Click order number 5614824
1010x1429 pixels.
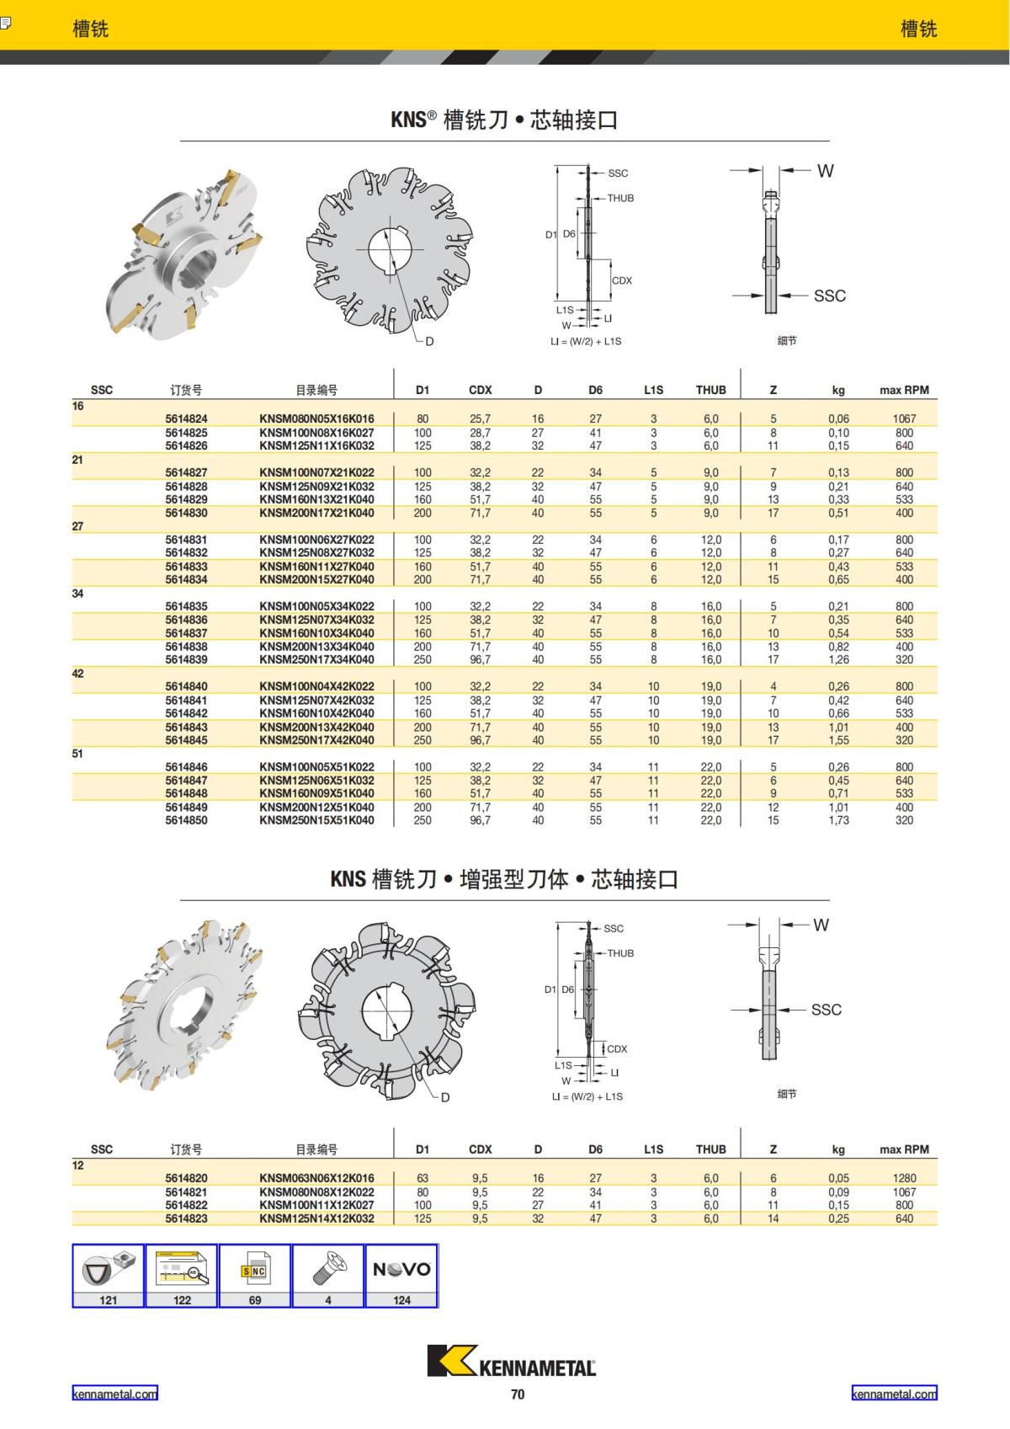pyautogui.click(x=186, y=419)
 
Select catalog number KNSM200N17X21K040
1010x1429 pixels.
pyautogui.click(x=316, y=513)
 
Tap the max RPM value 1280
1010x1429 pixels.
pyautogui.click(x=904, y=1178)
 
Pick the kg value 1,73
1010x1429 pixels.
pyautogui.click(x=838, y=820)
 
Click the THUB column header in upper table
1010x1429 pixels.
pyautogui.click(x=710, y=390)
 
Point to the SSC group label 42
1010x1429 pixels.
pyautogui.click(x=77, y=674)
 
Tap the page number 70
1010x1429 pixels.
pyautogui.click(x=518, y=1394)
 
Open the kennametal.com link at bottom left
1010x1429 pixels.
pyautogui.click(x=114, y=1394)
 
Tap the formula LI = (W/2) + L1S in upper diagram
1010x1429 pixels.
pyautogui.click(x=586, y=341)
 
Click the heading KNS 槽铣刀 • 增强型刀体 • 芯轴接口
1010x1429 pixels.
pyautogui.click(x=504, y=879)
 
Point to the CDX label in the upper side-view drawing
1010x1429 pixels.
pyautogui.click(x=622, y=280)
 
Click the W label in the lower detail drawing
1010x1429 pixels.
pyautogui.click(x=821, y=925)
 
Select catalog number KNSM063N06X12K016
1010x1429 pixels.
pyautogui.click(x=316, y=1178)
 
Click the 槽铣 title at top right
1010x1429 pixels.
pyautogui.click(x=918, y=29)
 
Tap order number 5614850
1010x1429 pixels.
pyautogui.click(x=186, y=820)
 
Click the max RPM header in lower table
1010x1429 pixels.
pyautogui.click(x=904, y=1149)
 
